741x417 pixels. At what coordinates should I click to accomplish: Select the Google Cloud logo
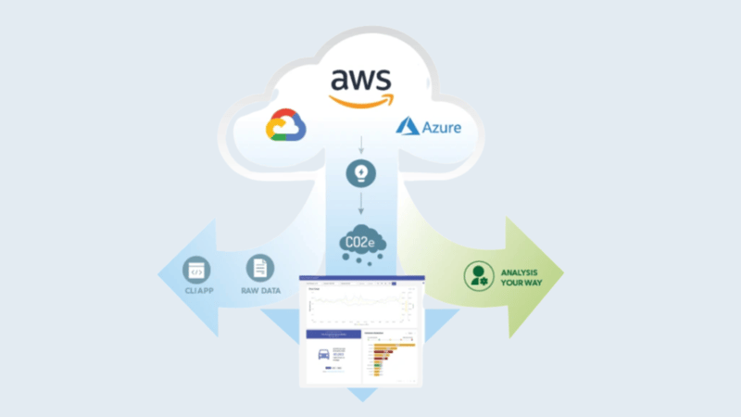[x=285, y=127]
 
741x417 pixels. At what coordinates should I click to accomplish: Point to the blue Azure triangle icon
[x=408, y=126]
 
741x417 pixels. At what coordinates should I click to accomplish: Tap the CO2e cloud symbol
[x=361, y=245]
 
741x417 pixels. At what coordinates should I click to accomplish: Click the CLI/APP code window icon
[x=196, y=270]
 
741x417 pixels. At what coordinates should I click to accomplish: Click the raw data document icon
[x=260, y=270]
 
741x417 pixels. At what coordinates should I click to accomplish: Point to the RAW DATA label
[x=260, y=290]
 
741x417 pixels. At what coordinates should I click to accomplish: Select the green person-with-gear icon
[x=478, y=276]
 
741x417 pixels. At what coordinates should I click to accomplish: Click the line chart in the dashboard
[x=358, y=307]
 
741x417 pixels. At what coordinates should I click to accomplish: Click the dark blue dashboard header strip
[x=362, y=280]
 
